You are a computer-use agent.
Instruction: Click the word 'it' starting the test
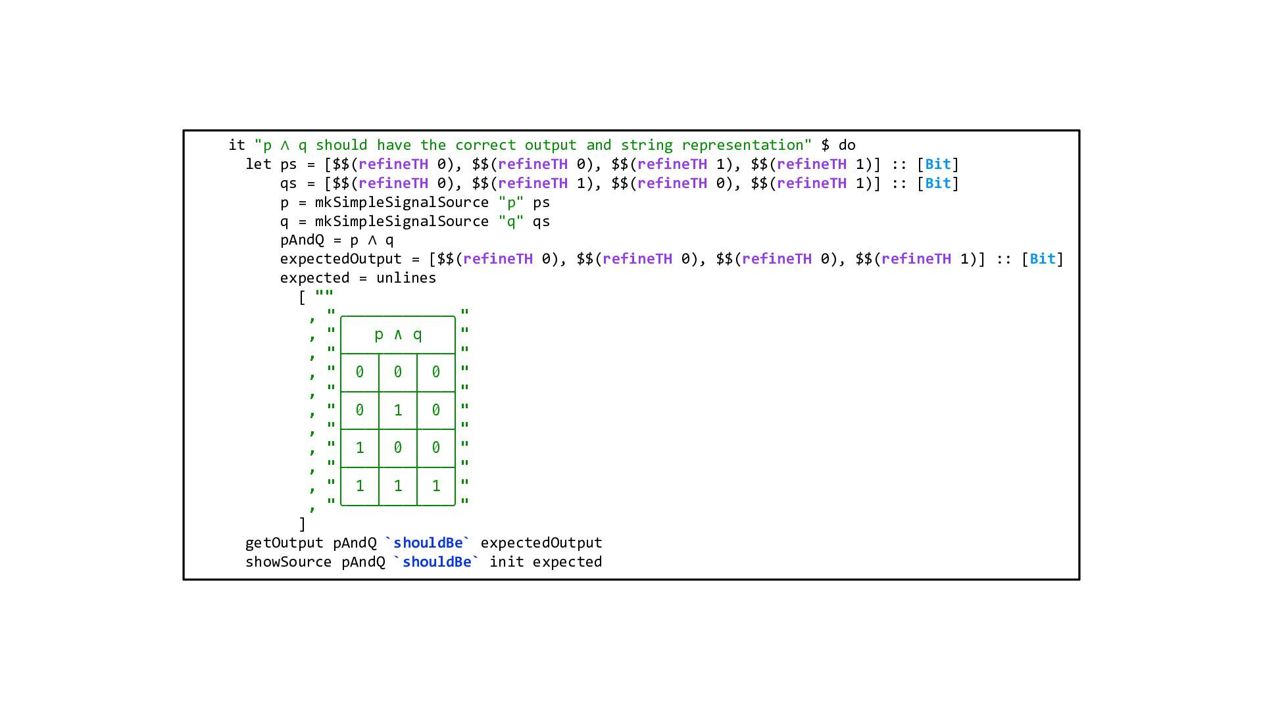tap(236, 145)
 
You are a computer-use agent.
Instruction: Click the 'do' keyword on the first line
tap(847, 145)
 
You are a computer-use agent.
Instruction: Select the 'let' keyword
tap(258, 164)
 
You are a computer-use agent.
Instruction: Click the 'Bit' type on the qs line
tap(937, 183)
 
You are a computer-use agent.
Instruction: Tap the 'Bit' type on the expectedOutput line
tap(1042, 259)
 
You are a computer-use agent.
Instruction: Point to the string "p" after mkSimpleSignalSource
tap(510, 202)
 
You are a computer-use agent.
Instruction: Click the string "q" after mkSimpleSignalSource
tap(510, 222)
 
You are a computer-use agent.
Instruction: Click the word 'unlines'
tap(406, 278)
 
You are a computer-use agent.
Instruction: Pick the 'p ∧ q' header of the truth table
tap(398, 335)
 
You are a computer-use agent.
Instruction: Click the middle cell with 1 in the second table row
tap(398, 410)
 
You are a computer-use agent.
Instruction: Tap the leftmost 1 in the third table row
tap(360, 448)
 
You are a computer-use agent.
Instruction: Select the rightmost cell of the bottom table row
tap(436, 486)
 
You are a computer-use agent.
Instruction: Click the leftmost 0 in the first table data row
tap(360, 372)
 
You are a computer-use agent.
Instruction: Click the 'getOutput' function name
tap(284, 543)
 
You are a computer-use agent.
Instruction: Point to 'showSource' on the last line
tap(288, 562)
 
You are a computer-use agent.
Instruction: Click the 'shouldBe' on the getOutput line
tap(428, 543)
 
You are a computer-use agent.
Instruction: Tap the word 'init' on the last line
tap(507, 562)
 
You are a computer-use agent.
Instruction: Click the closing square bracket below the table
tap(303, 524)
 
